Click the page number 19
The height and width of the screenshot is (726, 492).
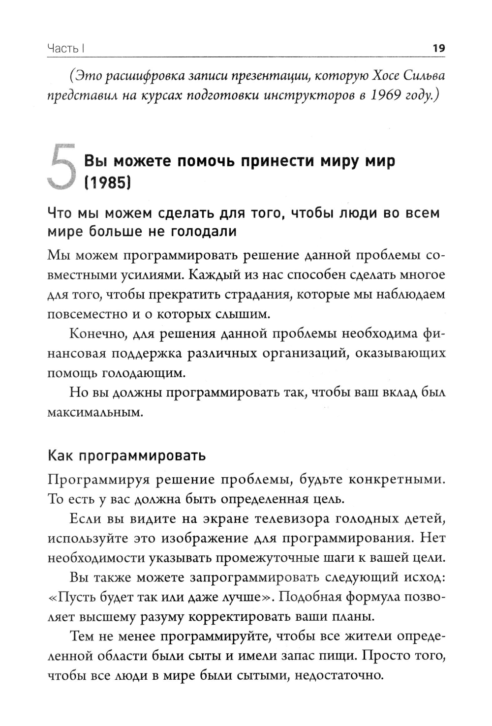438,48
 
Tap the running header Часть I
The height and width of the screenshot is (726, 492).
67,49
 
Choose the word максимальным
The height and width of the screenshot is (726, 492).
95,412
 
